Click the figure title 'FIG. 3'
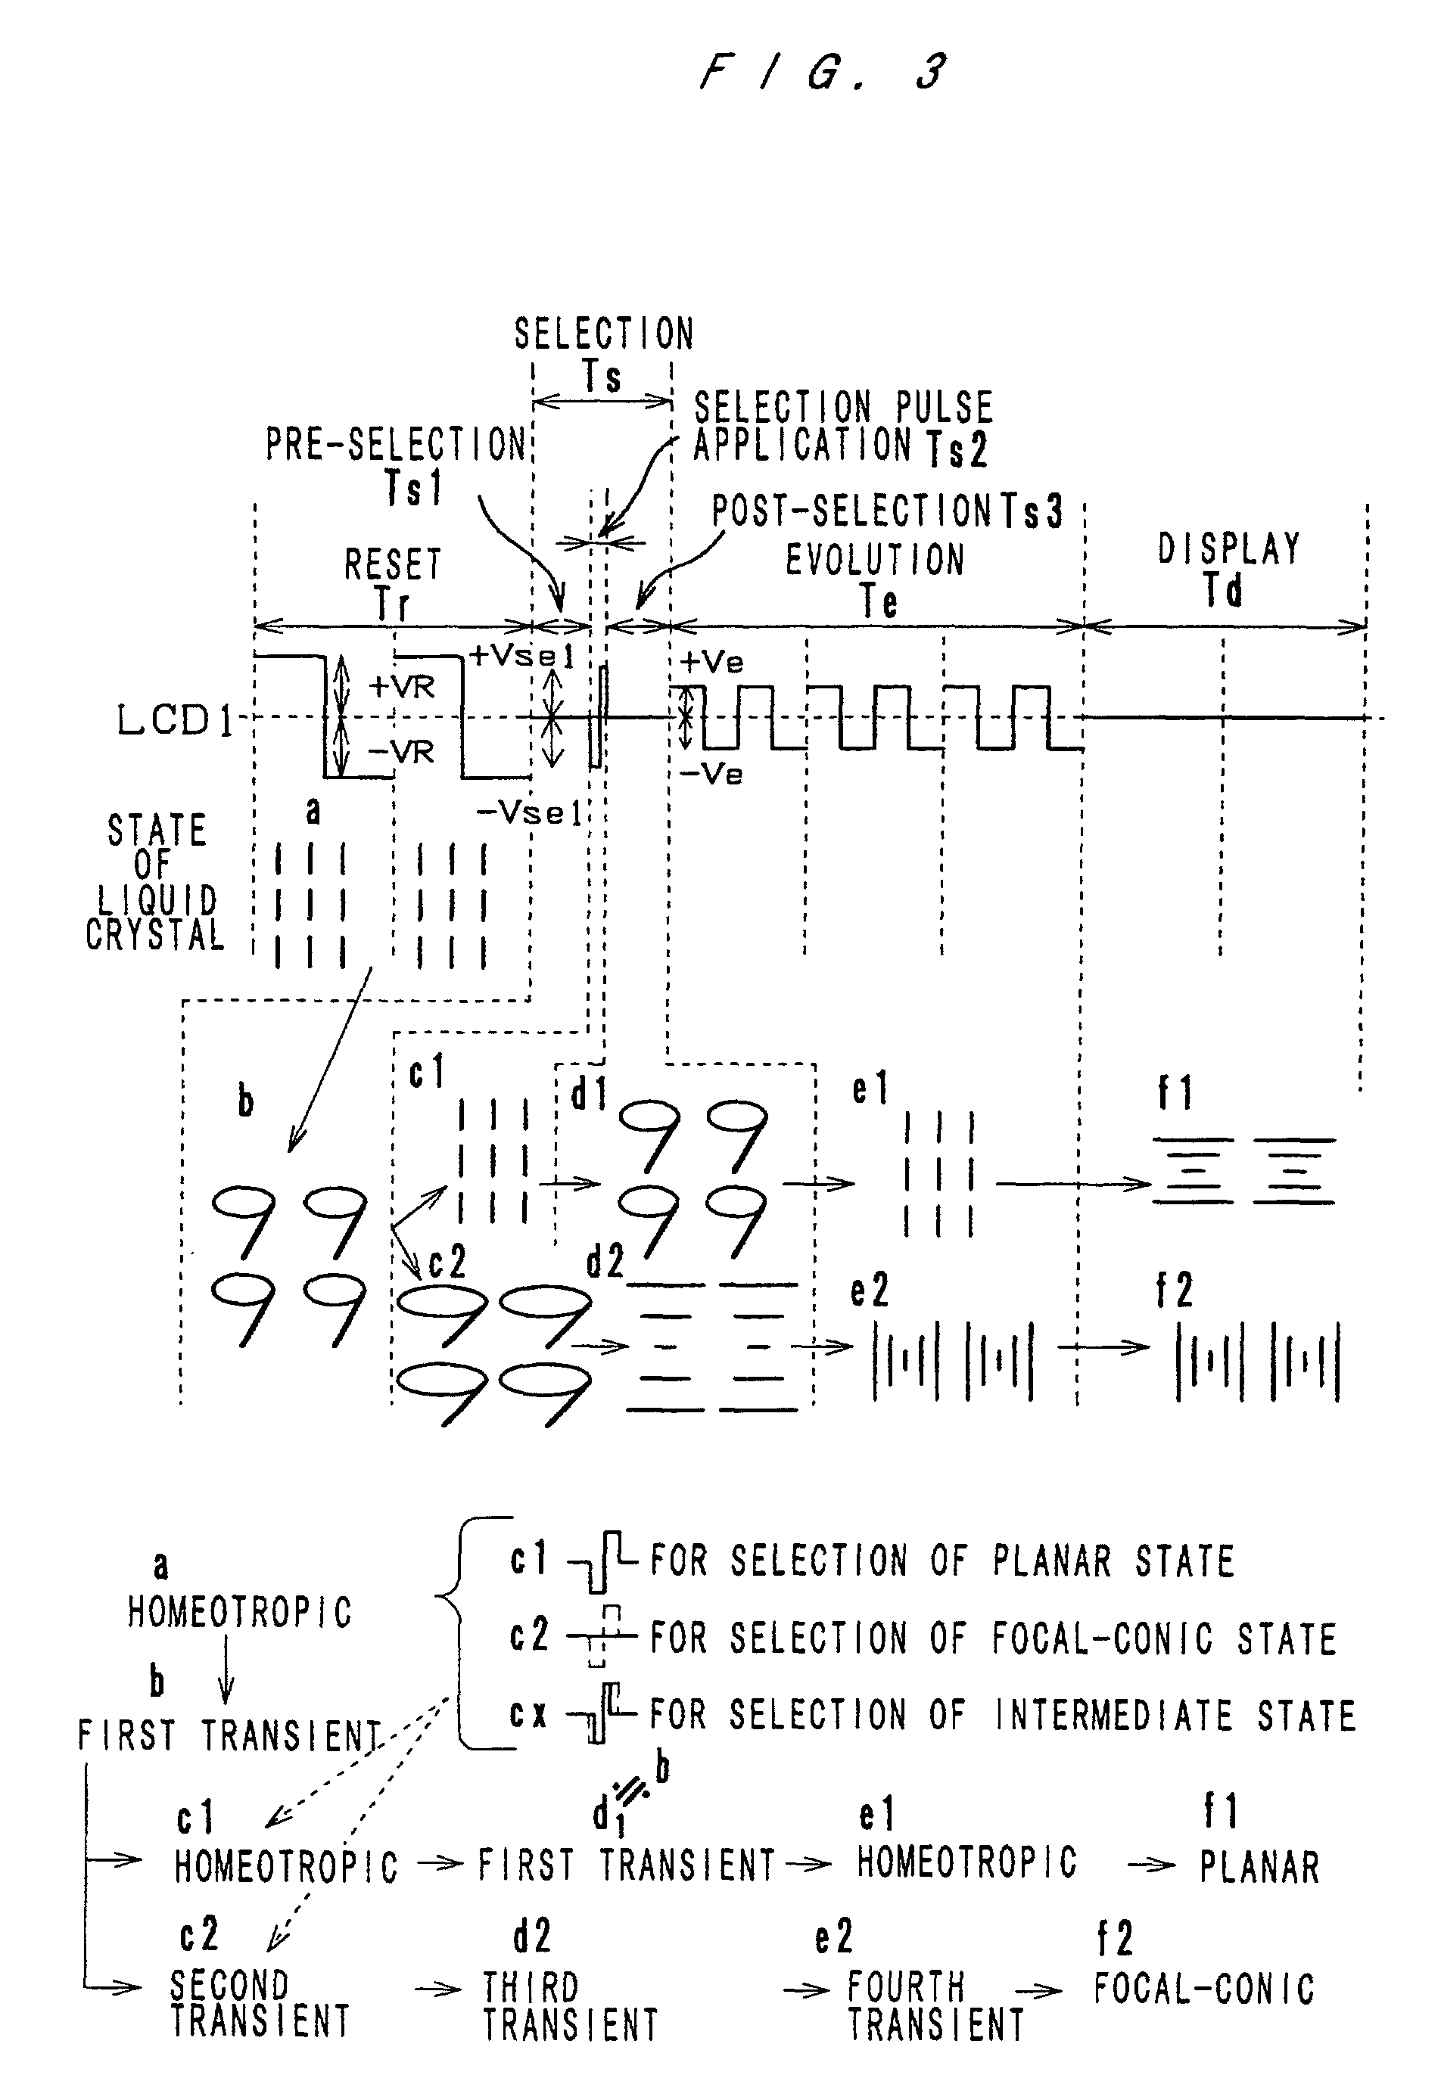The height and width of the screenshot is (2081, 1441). pyautogui.click(x=823, y=72)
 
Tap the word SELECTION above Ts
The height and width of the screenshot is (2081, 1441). pyautogui.click(x=604, y=334)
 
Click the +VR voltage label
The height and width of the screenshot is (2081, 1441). pyautogui.click(x=402, y=688)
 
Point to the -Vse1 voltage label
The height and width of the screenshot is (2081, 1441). pyautogui.click(x=528, y=813)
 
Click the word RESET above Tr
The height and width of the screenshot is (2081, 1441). pyautogui.click(x=393, y=565)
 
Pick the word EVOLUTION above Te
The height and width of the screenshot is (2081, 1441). pyautogui.click(x=875, y=560)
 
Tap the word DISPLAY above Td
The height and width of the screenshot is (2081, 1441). pyautogui.click(x=1229, y=548)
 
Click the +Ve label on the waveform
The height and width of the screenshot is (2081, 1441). pyautogui.click(x=711, y=663)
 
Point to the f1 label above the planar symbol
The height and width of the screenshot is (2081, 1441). pyautogui.click(x=1175, y=1094)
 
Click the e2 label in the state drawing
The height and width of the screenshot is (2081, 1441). pyautogui.click(x=870, y=1291)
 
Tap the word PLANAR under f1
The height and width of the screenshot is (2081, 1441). pyautogui.click(x=1259, y=1866)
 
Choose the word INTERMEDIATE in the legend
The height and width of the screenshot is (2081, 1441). pyautogui.click(x=1113, y=1716)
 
